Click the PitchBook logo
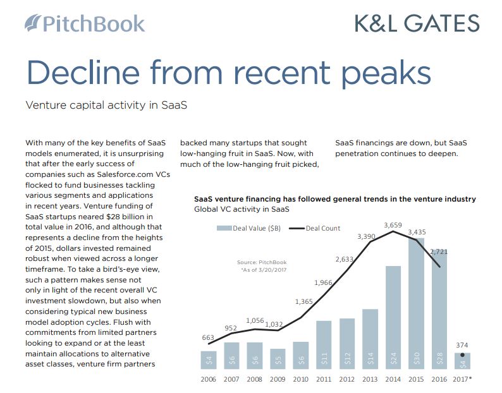(x=85, y=23)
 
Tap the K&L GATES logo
(x=417, y=23)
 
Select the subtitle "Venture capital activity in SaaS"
(x=106, y=106)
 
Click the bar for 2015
(x=416, y=303)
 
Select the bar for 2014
(x=393, y=317)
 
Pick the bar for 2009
(x=278, y=359)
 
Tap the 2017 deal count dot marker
(x=462, y=355)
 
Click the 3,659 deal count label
(x=393, y=225)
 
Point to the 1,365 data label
(x=304, y=301)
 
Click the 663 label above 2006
(x=208, y=337)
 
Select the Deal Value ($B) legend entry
(x=248, y=228)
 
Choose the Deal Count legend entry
(x=315, y=228)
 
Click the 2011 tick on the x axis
(x=324, y=379)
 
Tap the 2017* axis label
(x=462, y=379)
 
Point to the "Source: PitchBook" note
(x=262, y=262)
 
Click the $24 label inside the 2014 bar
(x=393, y=358)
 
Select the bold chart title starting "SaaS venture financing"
(x=335, y=199)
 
